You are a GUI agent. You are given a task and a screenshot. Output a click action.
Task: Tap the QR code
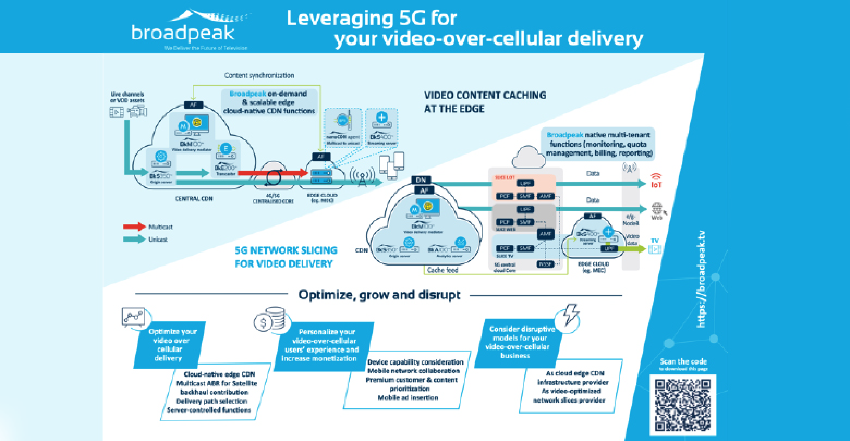pyautogui.click(x=682, y=404)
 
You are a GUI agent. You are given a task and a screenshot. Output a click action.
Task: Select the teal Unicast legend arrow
pyautogui.click(x=134, y=239)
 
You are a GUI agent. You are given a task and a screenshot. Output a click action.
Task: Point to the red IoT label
pyautogui.click(x=656, y=185)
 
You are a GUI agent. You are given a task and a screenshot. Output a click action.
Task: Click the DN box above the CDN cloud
pyautogui.click(x=421, y=180)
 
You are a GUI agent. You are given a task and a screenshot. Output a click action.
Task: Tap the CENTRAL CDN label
pyautogui.click(x=194, y=199)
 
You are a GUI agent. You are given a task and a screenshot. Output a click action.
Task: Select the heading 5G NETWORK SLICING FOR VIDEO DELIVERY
pyautogui.click(x=286, y=257)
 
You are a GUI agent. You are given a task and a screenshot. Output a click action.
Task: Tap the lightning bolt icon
pyautogui.click(x=570, y=315)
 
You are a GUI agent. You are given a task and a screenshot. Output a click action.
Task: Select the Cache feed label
pyautogui.click(x=442, y=270)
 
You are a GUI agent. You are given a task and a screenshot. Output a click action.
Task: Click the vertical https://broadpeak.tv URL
pyautogui.click(x=701, y=279)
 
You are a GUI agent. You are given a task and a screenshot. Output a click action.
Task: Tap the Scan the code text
pyautogui.click(x=683, y=362)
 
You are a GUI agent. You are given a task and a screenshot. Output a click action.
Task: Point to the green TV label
pyautogui.click(x=655, y=241)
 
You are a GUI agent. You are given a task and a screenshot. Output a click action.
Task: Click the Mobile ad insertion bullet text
pyautogui.click(x=408, y=398)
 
